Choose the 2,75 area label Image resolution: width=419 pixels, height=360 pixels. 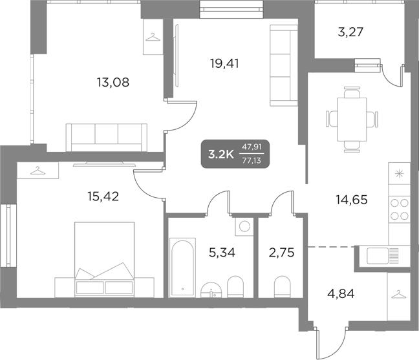click(x=281, y=252)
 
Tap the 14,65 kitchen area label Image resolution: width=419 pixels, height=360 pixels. click(x=351, y=199)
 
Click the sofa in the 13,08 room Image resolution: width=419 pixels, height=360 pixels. click(x=107, y=134)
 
